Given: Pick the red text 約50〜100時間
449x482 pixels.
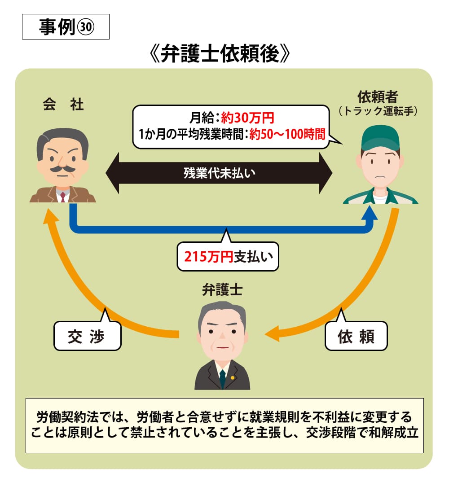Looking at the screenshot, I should [x=287, y=134].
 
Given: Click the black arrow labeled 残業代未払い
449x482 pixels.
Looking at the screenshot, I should [x=219, y=173].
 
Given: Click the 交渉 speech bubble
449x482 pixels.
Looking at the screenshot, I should [x=87, y=336].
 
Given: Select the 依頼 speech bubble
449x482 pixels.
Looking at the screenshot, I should [x=356, y=336].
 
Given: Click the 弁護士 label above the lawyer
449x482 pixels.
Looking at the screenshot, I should [x=222, y=290].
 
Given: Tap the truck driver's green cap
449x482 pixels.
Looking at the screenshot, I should [x=380, y=137].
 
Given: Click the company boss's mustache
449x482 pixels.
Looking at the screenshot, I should [x=62, y=169].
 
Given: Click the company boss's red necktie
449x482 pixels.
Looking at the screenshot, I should [x=63, y=196].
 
